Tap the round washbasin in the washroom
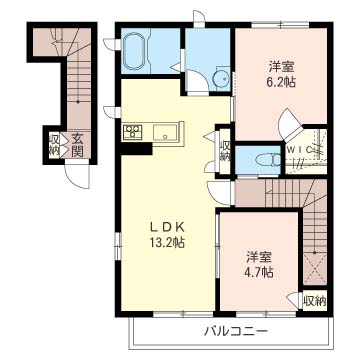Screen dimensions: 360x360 click(x=221, y=78)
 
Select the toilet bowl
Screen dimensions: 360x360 click(x=268, y=161)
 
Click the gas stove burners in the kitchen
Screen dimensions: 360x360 click(x=132, y=131)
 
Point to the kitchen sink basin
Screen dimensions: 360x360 click(x=165, y=133)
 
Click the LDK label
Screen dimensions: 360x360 click(x=167, y=227)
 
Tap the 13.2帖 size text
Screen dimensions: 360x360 click(x=167, y=242)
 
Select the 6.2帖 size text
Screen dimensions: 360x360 click(x=281, y=82)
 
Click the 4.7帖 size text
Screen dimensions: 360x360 click(x=260, y=273)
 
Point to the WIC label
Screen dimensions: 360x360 click(x=300, y=150)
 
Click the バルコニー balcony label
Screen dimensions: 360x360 click(x=236, y=332)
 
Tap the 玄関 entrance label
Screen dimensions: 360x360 click(x=77, y=145)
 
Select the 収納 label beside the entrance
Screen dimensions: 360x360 click(x=54, y=145)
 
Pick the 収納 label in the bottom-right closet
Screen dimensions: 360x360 click(x=315, y=301)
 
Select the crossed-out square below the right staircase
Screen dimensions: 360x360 click(x=315, y=269)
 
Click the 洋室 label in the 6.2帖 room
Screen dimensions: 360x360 click(x=281, y=67)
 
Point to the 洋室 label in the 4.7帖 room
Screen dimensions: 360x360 click(x=260, y=257)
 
